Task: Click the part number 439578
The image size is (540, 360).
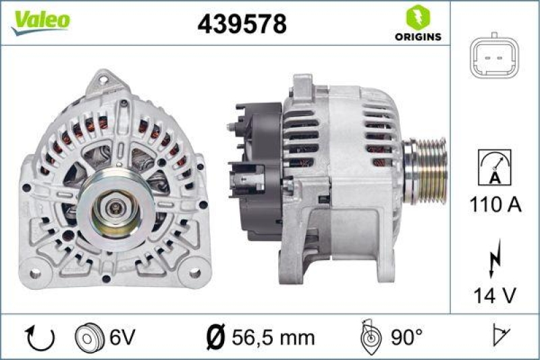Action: (242, 24)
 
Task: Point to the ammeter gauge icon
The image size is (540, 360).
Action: (495, 168)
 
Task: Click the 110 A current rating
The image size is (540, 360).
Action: (495, 205)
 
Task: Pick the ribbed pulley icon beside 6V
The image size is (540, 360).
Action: (88, 336)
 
